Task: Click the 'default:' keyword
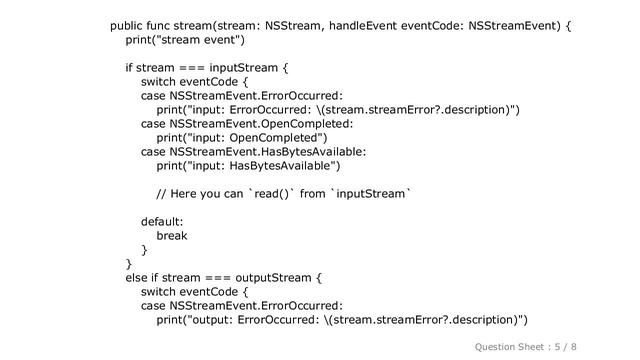(162, 221)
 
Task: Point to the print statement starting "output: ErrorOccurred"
(342, 320)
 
